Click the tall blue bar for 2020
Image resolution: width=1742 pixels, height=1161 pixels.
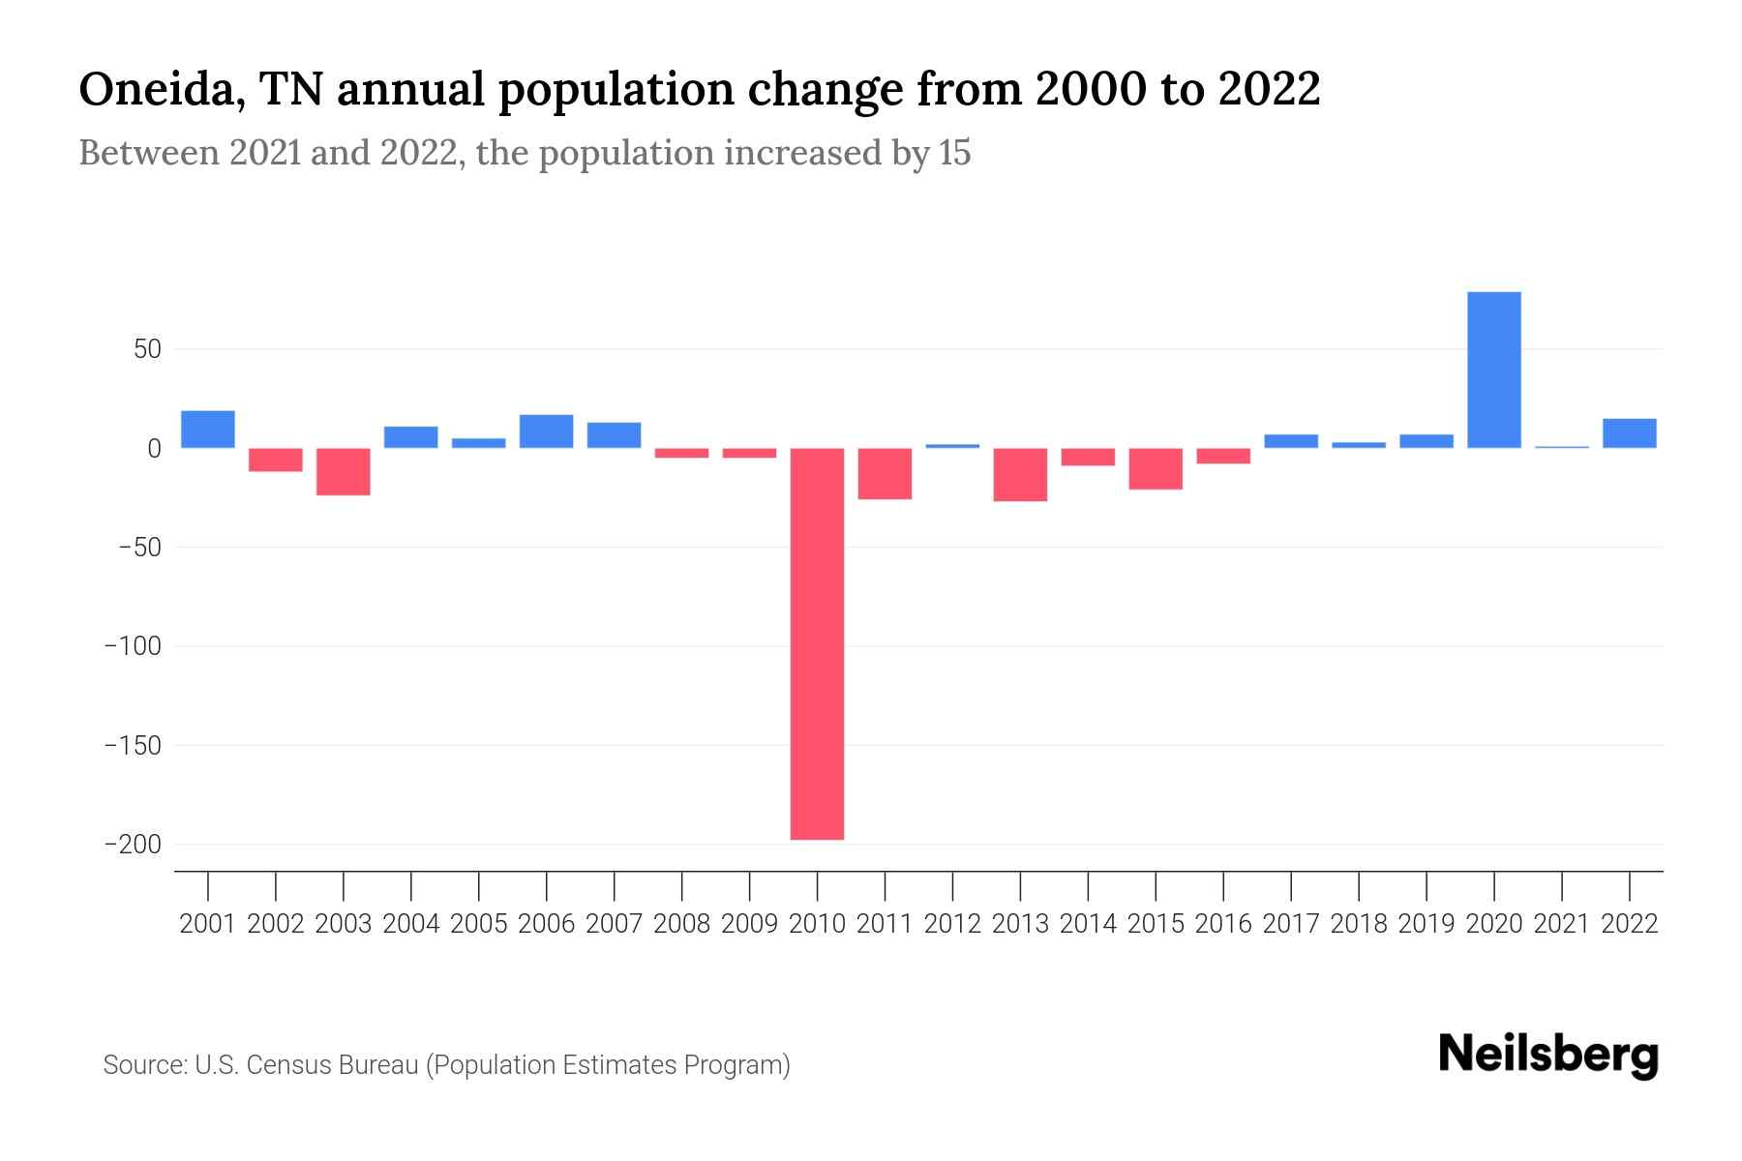(1493, 370)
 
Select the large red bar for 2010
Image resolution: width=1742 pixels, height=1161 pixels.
(817, 643)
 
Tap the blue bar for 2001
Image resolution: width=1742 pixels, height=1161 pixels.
(207, 430)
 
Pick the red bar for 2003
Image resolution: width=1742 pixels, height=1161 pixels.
(343, 472)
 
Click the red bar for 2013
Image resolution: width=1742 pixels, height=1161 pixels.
(1020, 475)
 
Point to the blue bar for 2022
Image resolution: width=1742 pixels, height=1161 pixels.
(1629, 433)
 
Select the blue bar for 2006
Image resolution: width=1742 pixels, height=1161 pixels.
(546, 432)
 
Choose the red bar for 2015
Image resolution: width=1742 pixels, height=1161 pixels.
(1156, 469)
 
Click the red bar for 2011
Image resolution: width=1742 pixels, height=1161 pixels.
(885, 474)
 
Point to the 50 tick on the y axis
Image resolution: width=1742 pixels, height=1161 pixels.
(147, 349)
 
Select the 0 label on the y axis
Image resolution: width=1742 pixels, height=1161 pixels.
(154, 449)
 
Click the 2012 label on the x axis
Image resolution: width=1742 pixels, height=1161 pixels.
(952, 924)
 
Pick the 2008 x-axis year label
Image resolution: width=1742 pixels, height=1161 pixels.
(681, 924)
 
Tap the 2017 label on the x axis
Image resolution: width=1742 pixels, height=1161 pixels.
(1291, 924)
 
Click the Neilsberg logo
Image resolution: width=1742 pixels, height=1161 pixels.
(1548, 1055)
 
